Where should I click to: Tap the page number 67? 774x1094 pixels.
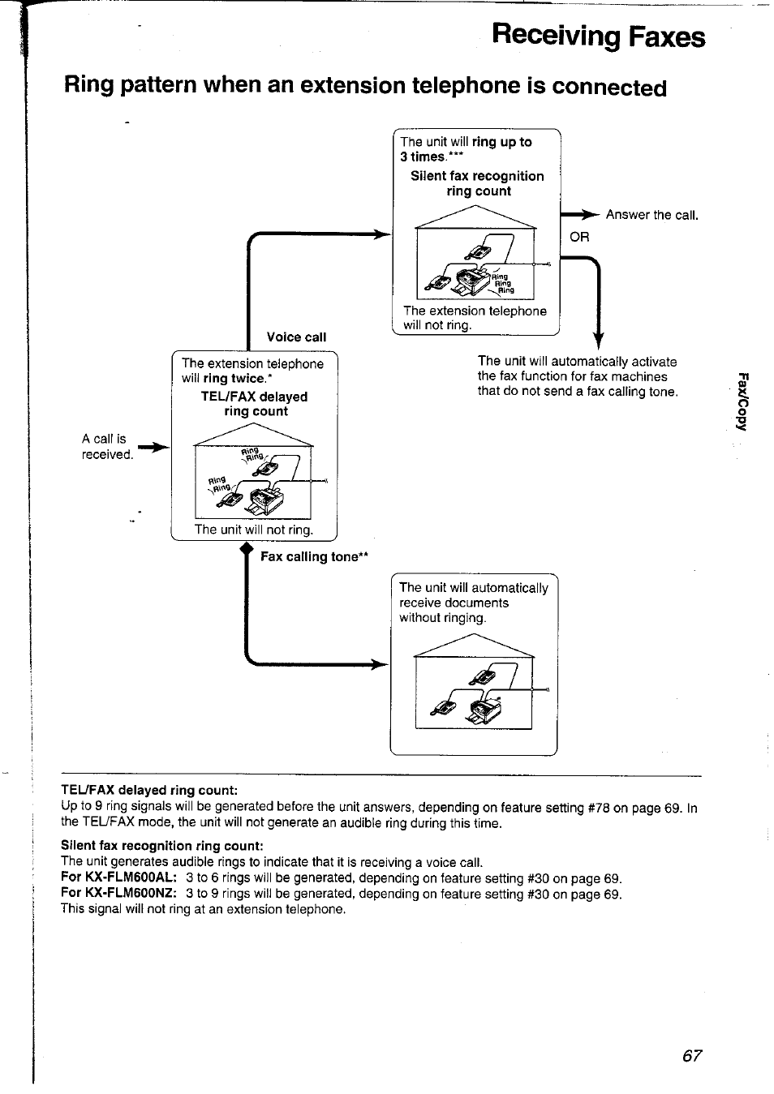[691, 1055]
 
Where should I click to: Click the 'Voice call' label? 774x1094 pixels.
[296, 337]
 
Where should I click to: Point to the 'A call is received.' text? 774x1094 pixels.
[107, 446]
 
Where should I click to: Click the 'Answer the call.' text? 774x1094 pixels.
[651, 215]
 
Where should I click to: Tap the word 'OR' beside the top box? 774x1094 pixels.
[579, 237]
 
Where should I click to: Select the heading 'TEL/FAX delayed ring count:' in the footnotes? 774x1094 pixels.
[149, 790]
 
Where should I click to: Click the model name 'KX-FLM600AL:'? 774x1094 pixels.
[119, 878]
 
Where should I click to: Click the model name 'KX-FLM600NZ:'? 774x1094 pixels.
[119, 894]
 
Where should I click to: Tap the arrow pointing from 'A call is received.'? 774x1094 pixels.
[154, 447]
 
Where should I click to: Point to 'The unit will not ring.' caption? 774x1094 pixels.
[253, 530]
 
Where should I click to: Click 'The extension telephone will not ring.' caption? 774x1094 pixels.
[475, 318]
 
